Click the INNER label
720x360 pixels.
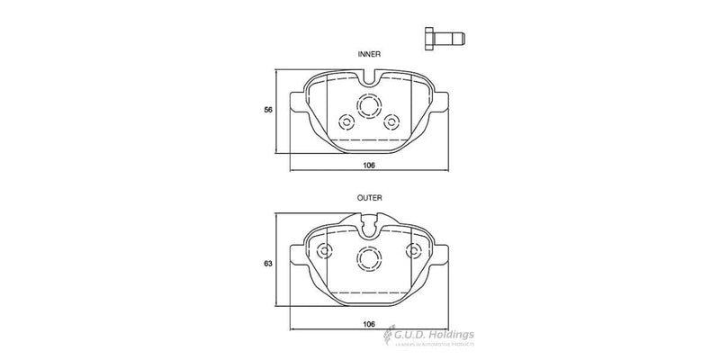pos(369,54)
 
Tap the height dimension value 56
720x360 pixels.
pos(267,109)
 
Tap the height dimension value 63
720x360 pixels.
pos(267,264)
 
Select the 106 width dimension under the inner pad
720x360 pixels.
pos(369,166)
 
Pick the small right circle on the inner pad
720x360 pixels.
pos(391,121)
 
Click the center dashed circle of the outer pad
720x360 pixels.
pos(369,258)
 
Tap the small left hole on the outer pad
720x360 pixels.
pos(324,250)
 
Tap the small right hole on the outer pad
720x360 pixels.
pos(414,250)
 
